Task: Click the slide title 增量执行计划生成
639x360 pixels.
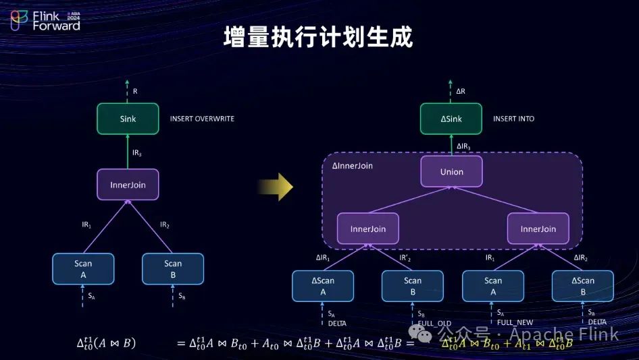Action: click(x=317, y=38)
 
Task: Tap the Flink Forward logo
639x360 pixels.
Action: click(x=45, y=21)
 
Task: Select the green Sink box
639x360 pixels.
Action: click(x=128, y=119)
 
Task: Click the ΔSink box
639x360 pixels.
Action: click(x=451, y=119)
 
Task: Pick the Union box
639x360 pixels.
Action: click(x=451, y=172)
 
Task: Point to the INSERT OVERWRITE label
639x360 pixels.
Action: click(x=202, y=119)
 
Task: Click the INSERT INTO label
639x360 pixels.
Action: click(x=513, y=119)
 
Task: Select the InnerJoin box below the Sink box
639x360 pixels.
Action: click(x=128, y=184)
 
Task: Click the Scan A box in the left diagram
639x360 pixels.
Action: click(x=83, y=268)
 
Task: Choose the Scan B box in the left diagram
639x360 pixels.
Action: click(x=173, y=268)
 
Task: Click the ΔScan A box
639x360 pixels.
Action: click(x=323, y=286)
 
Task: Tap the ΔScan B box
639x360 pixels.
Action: click(x=582, y=286)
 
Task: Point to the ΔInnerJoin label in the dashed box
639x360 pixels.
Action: click(x=352, y=165)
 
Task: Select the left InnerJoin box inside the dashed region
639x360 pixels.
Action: click(x=368, y=229)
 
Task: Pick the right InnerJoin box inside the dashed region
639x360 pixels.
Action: click(x=538, y=229)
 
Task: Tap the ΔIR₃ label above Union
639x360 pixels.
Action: click(x=464, y=146)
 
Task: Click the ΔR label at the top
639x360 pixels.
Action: click(x=461, y=91)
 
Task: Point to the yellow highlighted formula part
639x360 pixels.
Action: click(x=507, y=342)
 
